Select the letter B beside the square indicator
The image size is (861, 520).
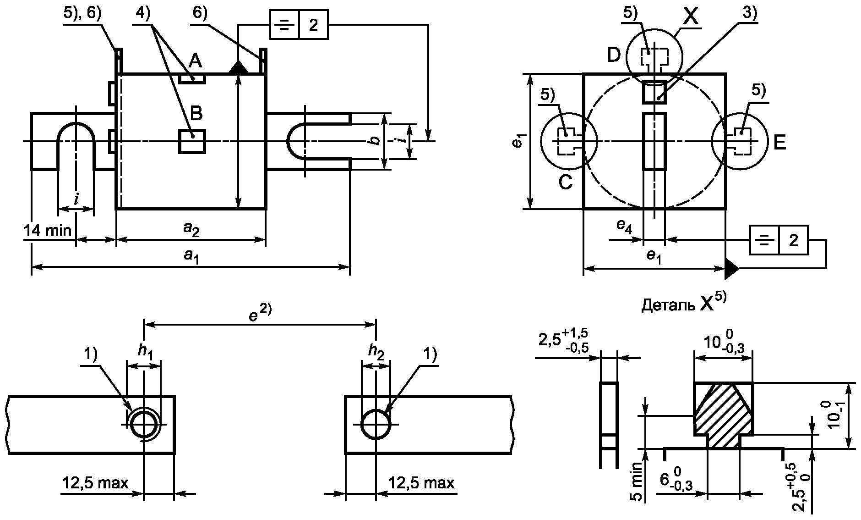tap(196, 113)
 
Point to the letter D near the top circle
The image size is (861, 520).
tap(614, 55)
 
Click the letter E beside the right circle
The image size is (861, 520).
tap(779, 143)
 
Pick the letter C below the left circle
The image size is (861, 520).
tap(565, 183)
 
